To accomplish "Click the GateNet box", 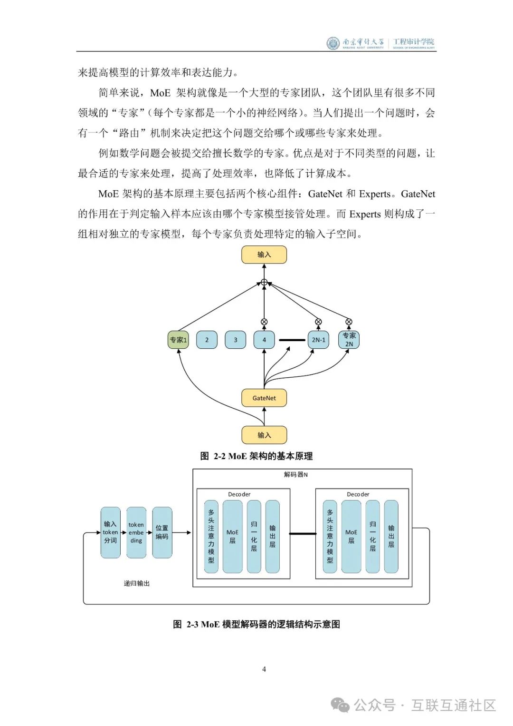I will [264, 398].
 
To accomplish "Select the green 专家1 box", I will [178, 340].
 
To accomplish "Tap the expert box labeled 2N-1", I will [318, 340].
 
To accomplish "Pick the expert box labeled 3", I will [235, 340].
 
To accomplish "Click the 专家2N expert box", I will [349, 340].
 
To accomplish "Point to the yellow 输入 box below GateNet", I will [264, 435].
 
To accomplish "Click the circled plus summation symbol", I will [264, 283].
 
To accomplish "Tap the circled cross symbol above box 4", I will [264, 322].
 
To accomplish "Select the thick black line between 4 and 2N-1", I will [292, 340].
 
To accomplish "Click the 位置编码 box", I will [162, 532].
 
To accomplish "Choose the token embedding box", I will [136, 532].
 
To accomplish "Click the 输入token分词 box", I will [110, 532].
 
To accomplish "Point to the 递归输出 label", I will [137, 583].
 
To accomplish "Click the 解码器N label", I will [296, 474].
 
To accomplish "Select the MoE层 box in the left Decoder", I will [232, 536].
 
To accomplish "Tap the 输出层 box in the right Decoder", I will [391, 536].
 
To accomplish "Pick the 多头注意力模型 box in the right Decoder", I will [330, 536].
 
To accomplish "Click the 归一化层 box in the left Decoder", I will [254, 536].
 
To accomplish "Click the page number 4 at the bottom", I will [264, 669].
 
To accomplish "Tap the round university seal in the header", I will [333, 43].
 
